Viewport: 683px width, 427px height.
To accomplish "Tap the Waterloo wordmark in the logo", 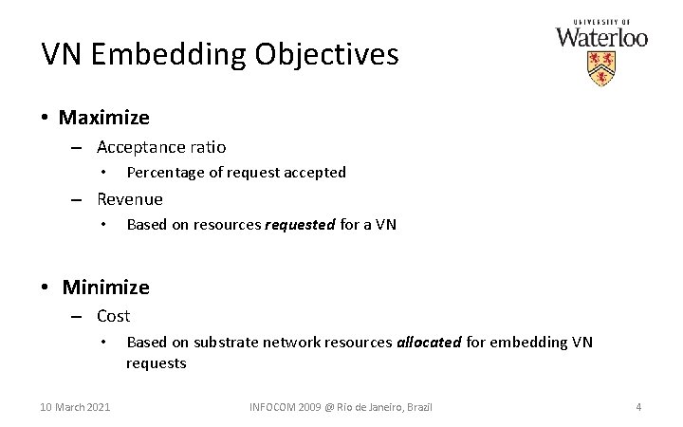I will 601,38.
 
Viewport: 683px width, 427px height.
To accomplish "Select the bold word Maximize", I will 104,118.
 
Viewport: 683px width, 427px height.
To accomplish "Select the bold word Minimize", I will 106,286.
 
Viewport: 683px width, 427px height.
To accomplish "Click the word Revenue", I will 130,199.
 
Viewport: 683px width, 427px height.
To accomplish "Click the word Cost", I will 114,316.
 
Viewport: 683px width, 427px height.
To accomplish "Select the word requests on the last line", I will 157,362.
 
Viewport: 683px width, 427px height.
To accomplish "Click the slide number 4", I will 638,407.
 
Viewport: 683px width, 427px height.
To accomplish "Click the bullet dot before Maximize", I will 45,118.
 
